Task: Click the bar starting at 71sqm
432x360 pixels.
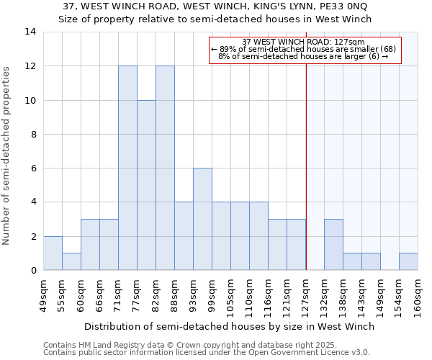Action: [127, 168]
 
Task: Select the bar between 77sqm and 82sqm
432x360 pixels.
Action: [146, 185]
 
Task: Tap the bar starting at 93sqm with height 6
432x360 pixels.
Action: [202, 219]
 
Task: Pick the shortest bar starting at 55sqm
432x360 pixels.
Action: [71, 261]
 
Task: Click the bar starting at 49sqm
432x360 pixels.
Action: [53, 253]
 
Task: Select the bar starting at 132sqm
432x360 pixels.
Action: [333, 245]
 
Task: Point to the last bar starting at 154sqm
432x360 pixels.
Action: [408, 261]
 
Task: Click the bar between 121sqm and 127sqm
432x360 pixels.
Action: [296, 245]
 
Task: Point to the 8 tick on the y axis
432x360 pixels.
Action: [33, 134]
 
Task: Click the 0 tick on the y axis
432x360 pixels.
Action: [33, 271]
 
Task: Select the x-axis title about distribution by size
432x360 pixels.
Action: [230, 326]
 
